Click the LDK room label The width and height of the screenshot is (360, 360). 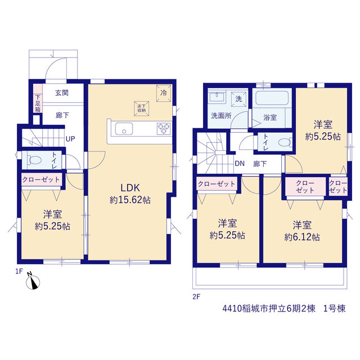click(130, 188)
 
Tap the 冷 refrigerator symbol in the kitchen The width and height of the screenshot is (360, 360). click(164, 93)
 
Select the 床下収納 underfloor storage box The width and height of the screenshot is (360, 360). click(142, 109)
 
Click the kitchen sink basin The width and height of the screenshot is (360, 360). click(124, 129)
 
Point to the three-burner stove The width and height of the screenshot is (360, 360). click(164, 129)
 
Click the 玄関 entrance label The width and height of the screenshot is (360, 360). click(62, 93)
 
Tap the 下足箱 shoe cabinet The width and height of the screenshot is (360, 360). click(38, 103)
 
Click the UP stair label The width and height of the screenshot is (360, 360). click(70, 139)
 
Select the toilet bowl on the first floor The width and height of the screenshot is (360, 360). click(34, 160)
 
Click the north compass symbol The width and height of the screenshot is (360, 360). click(33, 281)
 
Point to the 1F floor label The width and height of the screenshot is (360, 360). click(19, 271)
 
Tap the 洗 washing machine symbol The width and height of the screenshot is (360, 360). click(238, 99)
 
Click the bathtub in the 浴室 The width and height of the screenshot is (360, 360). click(272, 98)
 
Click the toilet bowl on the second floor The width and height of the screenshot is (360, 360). click(285, 142)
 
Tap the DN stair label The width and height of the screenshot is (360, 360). click(240, 164)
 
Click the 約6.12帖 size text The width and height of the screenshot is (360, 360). click(302, 237)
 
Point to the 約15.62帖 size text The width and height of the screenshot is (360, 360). click(130, 200)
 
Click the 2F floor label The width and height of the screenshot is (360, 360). click(196, 297)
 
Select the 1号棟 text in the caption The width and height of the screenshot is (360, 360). click(335, 308)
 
